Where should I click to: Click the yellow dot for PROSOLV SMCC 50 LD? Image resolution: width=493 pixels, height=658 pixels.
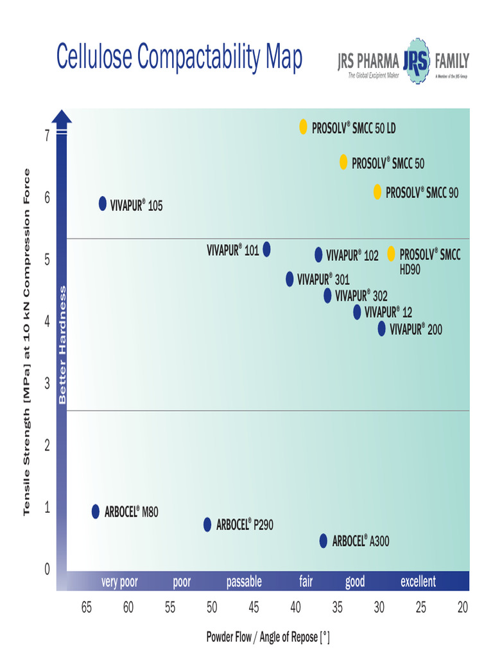(304, 127)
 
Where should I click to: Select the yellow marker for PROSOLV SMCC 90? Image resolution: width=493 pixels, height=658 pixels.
(377, 191)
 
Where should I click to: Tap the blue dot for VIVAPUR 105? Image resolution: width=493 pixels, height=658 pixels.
(103, 204)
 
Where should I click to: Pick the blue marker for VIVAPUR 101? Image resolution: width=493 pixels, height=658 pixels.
(267, 249)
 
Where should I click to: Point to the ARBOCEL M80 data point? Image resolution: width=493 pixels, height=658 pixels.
(96, 511)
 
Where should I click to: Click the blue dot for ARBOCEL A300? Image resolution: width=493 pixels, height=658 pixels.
(324, 540)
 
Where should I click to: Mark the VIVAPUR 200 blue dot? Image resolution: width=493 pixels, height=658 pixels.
(382, 328)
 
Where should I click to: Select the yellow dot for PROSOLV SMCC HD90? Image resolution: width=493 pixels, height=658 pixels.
(391, 254)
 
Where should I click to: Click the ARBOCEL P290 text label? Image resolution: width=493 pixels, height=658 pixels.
(245, 525)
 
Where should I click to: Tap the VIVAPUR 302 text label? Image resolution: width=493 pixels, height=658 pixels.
(361, 296)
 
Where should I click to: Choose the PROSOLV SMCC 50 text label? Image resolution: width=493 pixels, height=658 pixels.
(388, 163)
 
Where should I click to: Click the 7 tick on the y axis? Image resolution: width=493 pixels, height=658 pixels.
(47, 136)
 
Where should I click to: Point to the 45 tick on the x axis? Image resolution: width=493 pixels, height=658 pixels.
(254, 607)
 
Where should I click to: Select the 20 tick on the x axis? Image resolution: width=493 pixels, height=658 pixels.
(462, 607)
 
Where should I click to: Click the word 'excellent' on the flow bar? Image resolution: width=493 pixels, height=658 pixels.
(418, 582)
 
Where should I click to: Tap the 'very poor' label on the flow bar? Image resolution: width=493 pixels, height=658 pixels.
(119, 582)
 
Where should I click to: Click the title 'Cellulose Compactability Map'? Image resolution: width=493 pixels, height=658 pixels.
(179, 57)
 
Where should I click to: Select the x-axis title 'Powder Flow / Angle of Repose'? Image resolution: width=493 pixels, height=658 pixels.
(268, 637)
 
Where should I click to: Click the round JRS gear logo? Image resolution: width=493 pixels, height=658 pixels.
(417, 62)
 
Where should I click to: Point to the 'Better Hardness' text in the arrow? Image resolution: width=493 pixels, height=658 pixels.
(62, 345)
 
